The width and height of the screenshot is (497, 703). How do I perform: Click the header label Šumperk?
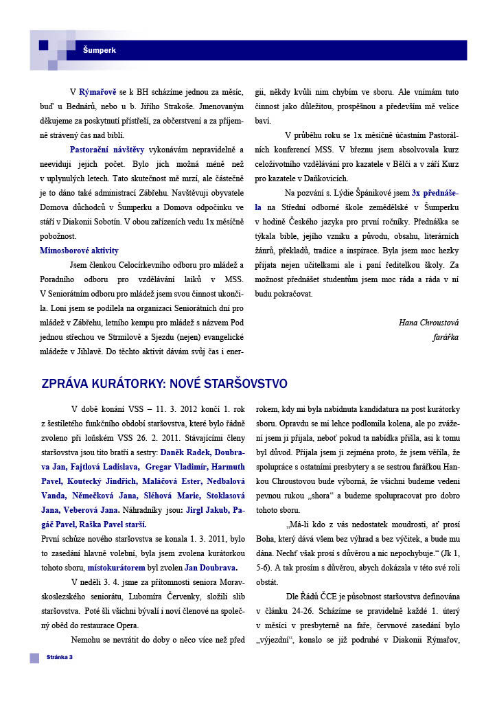(x=100, y=50)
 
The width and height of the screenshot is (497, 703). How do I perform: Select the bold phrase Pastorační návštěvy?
(x=107, y=148)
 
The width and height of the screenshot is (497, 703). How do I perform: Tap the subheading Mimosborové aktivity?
(x=79, y=251)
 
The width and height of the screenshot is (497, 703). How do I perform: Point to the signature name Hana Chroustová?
(x=429, y=322)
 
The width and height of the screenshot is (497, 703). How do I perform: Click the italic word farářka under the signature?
(x=445, y=337)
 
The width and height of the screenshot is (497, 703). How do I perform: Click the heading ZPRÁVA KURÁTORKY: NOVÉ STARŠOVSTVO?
(x=164, y=383)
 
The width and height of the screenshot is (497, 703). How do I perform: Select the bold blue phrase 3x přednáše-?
(x=435, y=192)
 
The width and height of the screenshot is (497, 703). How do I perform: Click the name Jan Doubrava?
(x=211, y=568)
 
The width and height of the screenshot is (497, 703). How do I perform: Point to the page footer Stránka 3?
(x=60, y=658)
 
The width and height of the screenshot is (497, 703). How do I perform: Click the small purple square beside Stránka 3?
(x=34, y=658)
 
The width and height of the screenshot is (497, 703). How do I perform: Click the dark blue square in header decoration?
(x=43, y=45)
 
